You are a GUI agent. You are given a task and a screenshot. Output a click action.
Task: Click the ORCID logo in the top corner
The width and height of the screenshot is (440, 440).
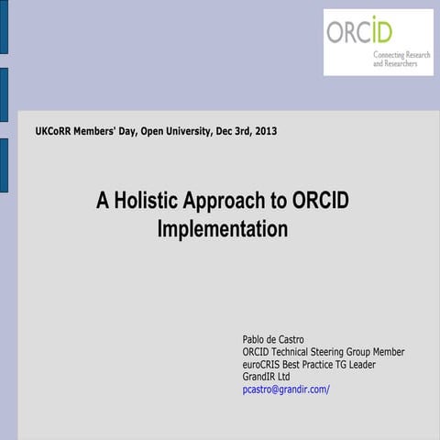click(378, 41)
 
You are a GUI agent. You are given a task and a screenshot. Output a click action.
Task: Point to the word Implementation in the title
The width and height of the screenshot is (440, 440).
click(222, 228)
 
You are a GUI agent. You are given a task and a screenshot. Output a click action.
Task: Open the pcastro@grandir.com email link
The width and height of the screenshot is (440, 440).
click(285, 389)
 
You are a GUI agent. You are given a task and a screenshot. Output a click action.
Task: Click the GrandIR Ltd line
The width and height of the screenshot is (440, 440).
click(266, 376)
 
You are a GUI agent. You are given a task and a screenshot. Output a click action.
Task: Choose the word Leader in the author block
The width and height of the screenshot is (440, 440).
click(359, 364)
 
